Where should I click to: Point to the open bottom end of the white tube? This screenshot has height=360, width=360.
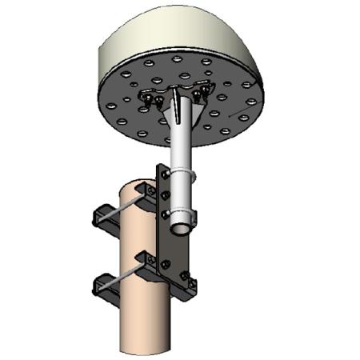click(183, 226)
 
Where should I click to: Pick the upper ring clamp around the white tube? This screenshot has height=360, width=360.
click(183, 174)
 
